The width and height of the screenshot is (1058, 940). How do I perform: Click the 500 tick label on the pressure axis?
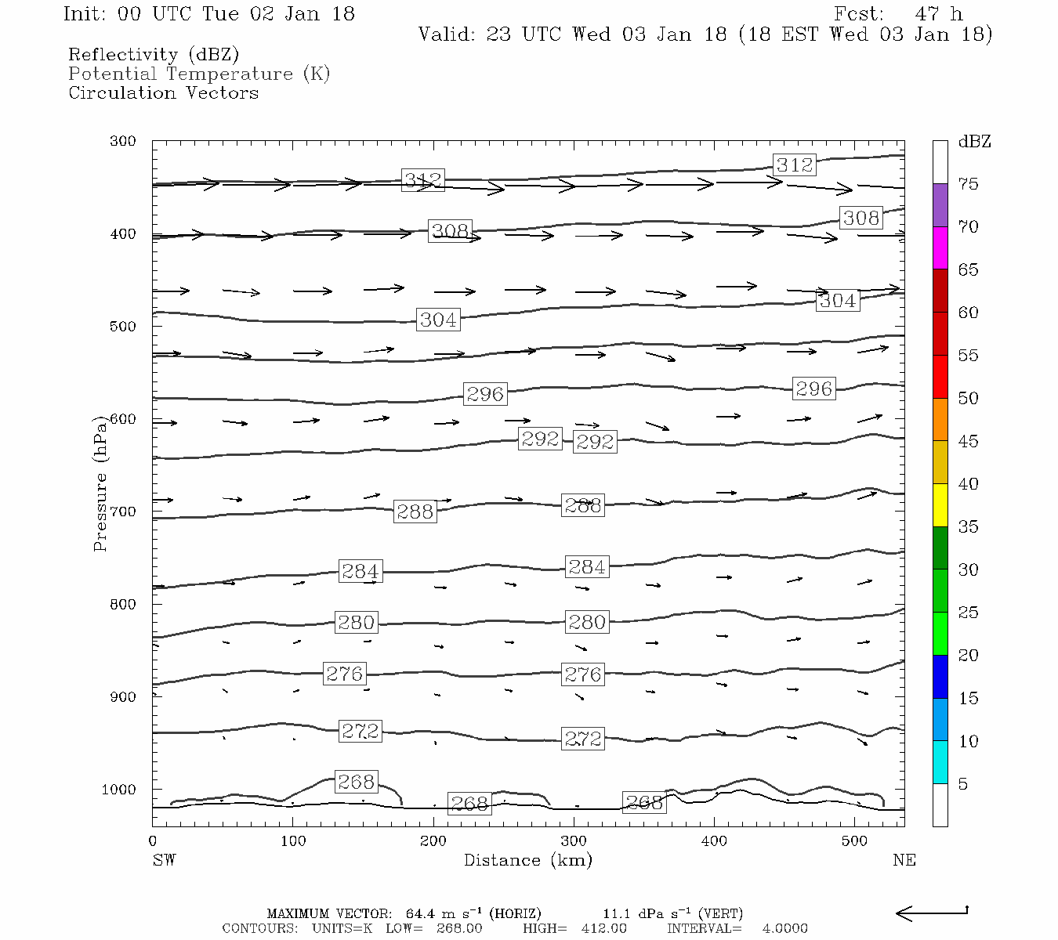123,327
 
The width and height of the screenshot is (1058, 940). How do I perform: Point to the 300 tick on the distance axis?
574,841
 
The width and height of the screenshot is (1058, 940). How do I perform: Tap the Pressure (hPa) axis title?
100,483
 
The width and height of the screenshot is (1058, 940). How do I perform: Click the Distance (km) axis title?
527,860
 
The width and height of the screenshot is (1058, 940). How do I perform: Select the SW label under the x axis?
164,860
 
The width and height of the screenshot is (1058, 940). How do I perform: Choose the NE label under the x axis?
904,860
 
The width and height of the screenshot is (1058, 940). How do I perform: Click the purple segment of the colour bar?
940,205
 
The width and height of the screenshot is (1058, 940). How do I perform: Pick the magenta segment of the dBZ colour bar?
940,248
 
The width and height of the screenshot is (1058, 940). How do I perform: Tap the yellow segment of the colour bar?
940,505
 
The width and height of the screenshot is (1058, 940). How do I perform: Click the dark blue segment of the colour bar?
940,677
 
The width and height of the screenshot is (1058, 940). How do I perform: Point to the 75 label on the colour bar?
968,184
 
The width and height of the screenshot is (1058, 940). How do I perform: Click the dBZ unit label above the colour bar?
974,142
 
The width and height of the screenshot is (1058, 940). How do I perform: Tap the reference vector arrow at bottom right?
931,913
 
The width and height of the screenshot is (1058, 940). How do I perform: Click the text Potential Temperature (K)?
199,74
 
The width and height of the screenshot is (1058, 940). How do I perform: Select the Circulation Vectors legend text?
163,92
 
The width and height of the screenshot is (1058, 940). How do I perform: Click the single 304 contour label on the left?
437,320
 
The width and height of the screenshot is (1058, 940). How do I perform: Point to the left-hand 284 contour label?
360,571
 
